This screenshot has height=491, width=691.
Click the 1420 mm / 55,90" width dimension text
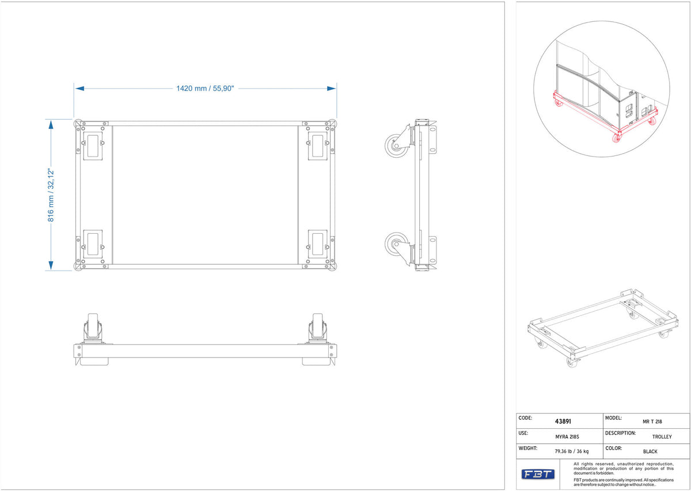point(205,89)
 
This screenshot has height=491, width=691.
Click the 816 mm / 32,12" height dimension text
point(51,195)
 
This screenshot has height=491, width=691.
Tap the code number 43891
point(563,421)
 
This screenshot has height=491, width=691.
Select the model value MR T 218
point(652,421)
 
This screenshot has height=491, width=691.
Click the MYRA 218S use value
point(567,437)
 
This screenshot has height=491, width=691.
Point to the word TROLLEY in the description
point(662,437)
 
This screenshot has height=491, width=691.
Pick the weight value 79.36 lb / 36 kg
point(572,451)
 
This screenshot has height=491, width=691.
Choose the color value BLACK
point(650,451)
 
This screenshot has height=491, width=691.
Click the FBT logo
point(538,474)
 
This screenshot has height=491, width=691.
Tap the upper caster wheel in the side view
point(397,146)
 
